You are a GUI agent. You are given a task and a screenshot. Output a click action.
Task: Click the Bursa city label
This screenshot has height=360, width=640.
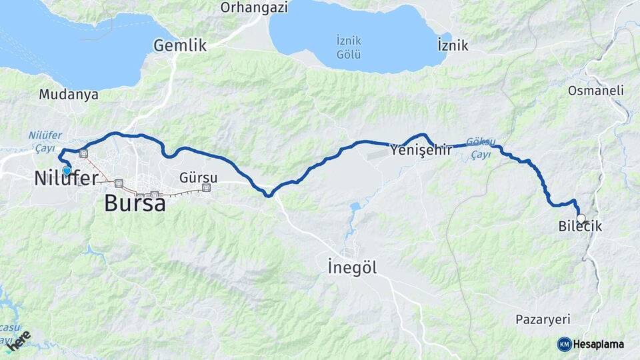tap(135, 203)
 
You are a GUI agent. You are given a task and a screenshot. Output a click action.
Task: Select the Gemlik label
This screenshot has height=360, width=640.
tap(180, 46)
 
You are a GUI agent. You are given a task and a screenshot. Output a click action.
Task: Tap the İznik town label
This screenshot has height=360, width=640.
tap(453, 46)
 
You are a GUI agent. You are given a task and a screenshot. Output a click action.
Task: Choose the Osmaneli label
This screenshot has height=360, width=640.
tap(595, 90)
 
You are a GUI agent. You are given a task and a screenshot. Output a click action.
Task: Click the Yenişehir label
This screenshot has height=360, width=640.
tap(421, 151)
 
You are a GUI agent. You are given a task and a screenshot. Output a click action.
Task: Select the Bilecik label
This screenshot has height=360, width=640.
tap(580, 227)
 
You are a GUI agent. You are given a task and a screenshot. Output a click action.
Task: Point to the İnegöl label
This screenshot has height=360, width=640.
tap(353, 268)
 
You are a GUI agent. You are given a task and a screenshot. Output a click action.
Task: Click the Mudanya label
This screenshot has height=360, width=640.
tap(69, 95)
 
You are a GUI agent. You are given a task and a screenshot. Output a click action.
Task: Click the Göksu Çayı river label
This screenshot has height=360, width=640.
tap(481, 148)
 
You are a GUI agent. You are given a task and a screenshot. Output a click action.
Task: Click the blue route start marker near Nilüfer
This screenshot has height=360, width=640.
tap(67, 171)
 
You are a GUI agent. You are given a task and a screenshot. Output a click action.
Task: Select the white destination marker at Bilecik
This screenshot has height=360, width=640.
tap(581, 218)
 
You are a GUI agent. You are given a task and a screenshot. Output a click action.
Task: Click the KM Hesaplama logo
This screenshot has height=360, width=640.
tap(591, 344)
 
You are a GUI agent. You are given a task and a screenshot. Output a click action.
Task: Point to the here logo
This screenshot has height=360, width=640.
tap(19, 340)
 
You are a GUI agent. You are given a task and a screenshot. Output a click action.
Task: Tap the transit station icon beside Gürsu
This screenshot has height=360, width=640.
tap(206, 188)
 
